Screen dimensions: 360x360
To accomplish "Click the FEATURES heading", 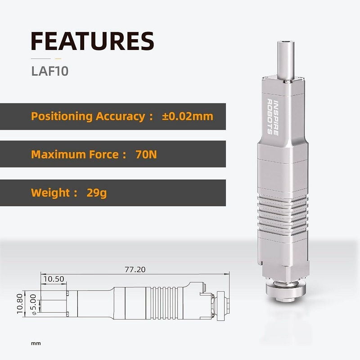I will coord(92,41).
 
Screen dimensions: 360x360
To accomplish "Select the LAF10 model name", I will coord(49,72).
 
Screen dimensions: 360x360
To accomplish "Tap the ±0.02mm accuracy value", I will coord(187,117).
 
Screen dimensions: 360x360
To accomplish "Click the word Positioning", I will coord(62,117).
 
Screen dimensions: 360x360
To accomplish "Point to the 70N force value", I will coord(146,155).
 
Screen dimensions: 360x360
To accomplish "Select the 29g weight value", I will coord(97,193).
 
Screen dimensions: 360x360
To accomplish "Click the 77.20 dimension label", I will coord(135,270).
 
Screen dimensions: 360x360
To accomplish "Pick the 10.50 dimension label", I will coord(54,279).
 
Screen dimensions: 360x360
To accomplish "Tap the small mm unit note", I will coord(36,343).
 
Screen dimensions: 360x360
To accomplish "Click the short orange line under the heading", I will coord(58,58).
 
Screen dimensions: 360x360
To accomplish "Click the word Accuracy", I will coord(120,117).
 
